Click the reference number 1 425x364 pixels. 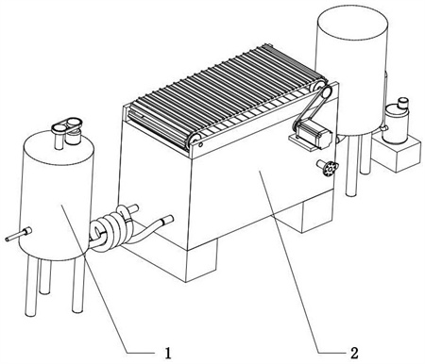pos(168,354)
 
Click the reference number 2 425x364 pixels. pos(354,353)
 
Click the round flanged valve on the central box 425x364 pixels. pos(329,168)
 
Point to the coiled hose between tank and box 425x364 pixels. pos(110,229)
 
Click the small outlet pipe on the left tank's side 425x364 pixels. pos(18,235)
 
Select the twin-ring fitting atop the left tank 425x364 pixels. pos(67,125)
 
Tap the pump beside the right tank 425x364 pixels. pos(395,123)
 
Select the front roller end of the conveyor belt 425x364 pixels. pos(195,140)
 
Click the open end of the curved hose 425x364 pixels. pos(169,219)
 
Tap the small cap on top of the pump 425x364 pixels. pos(402,103)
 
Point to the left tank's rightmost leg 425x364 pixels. pos(77,285)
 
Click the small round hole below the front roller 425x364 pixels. pos(200,145)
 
